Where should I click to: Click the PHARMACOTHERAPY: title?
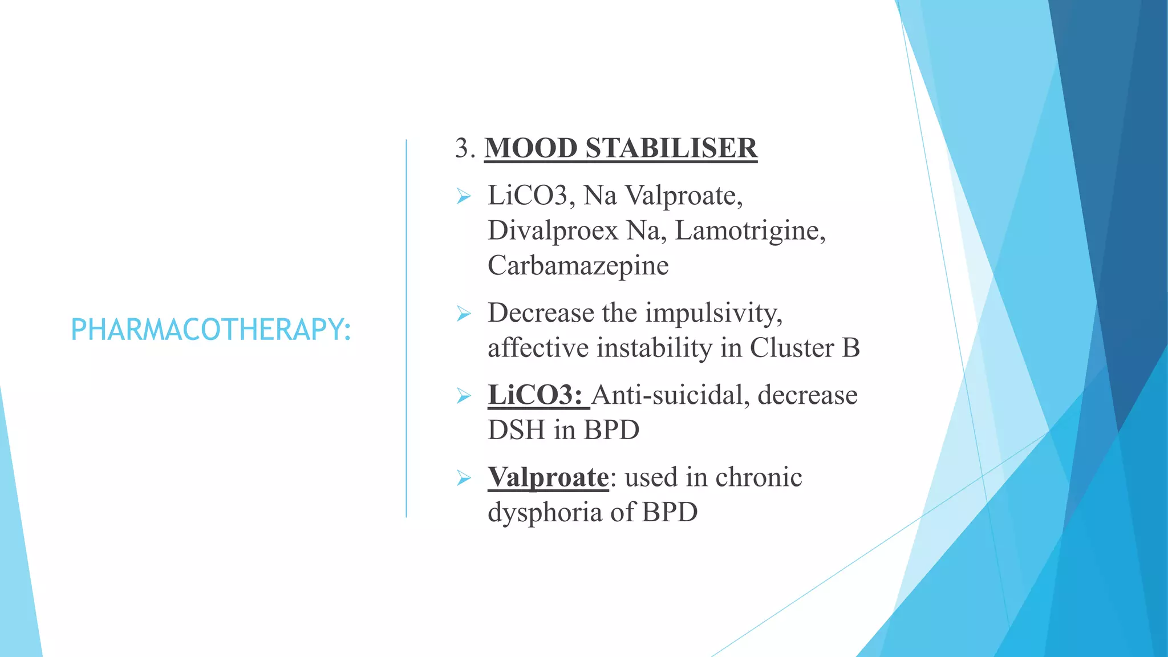pyautogui.click(x=210, y=330)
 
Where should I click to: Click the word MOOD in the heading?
pyautogui.click(x=531, y=148)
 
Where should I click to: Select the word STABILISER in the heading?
pyautogui.click(x=671, y=148)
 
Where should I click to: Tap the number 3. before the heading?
pyautogui.click(x=465, y=148)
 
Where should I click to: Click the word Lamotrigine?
pyautogui.click(x=749, y=231)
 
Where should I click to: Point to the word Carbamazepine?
pyautogui.click(x=578, y=266)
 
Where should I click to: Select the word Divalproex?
pyautogui.click(x=553, y=231)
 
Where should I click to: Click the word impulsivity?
pyautogui.click(x=713, y=313)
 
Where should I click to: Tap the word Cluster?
pyautogui.click(x=792, y=348)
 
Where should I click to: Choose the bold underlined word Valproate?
pyautogui.click(x=548, y=477)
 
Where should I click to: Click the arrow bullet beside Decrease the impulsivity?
pyautogui.click(x=464, y=314)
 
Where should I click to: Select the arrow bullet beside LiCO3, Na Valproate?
pyautogui.click(x=464, y=197)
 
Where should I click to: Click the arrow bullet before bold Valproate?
pyautogui.click(x=464, y=478)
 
